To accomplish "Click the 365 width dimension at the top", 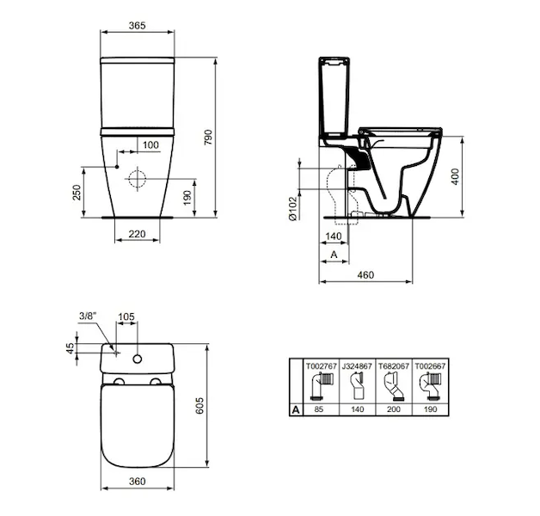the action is pyautogui.click(x=137, y=26).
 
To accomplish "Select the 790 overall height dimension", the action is pyautogui.click(x=208, y=137).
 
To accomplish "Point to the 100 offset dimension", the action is pyautogui.click(x=150, y=145).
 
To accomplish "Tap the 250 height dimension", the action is pyautogui.click(x=77, y=192).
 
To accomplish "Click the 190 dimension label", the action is pyautogui.click(x=187, y=198).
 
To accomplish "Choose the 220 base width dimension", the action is pyautogui.click(x=137, y=234).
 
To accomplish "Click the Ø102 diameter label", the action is pyautogui.click(x=292, y=208).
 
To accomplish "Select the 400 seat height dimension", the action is pyautogui.click(x=455, y=176).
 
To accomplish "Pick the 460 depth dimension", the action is pyautogui.click(x=365, y=275).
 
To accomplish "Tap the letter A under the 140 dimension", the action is pyautogui.click(x=334, y=255).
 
